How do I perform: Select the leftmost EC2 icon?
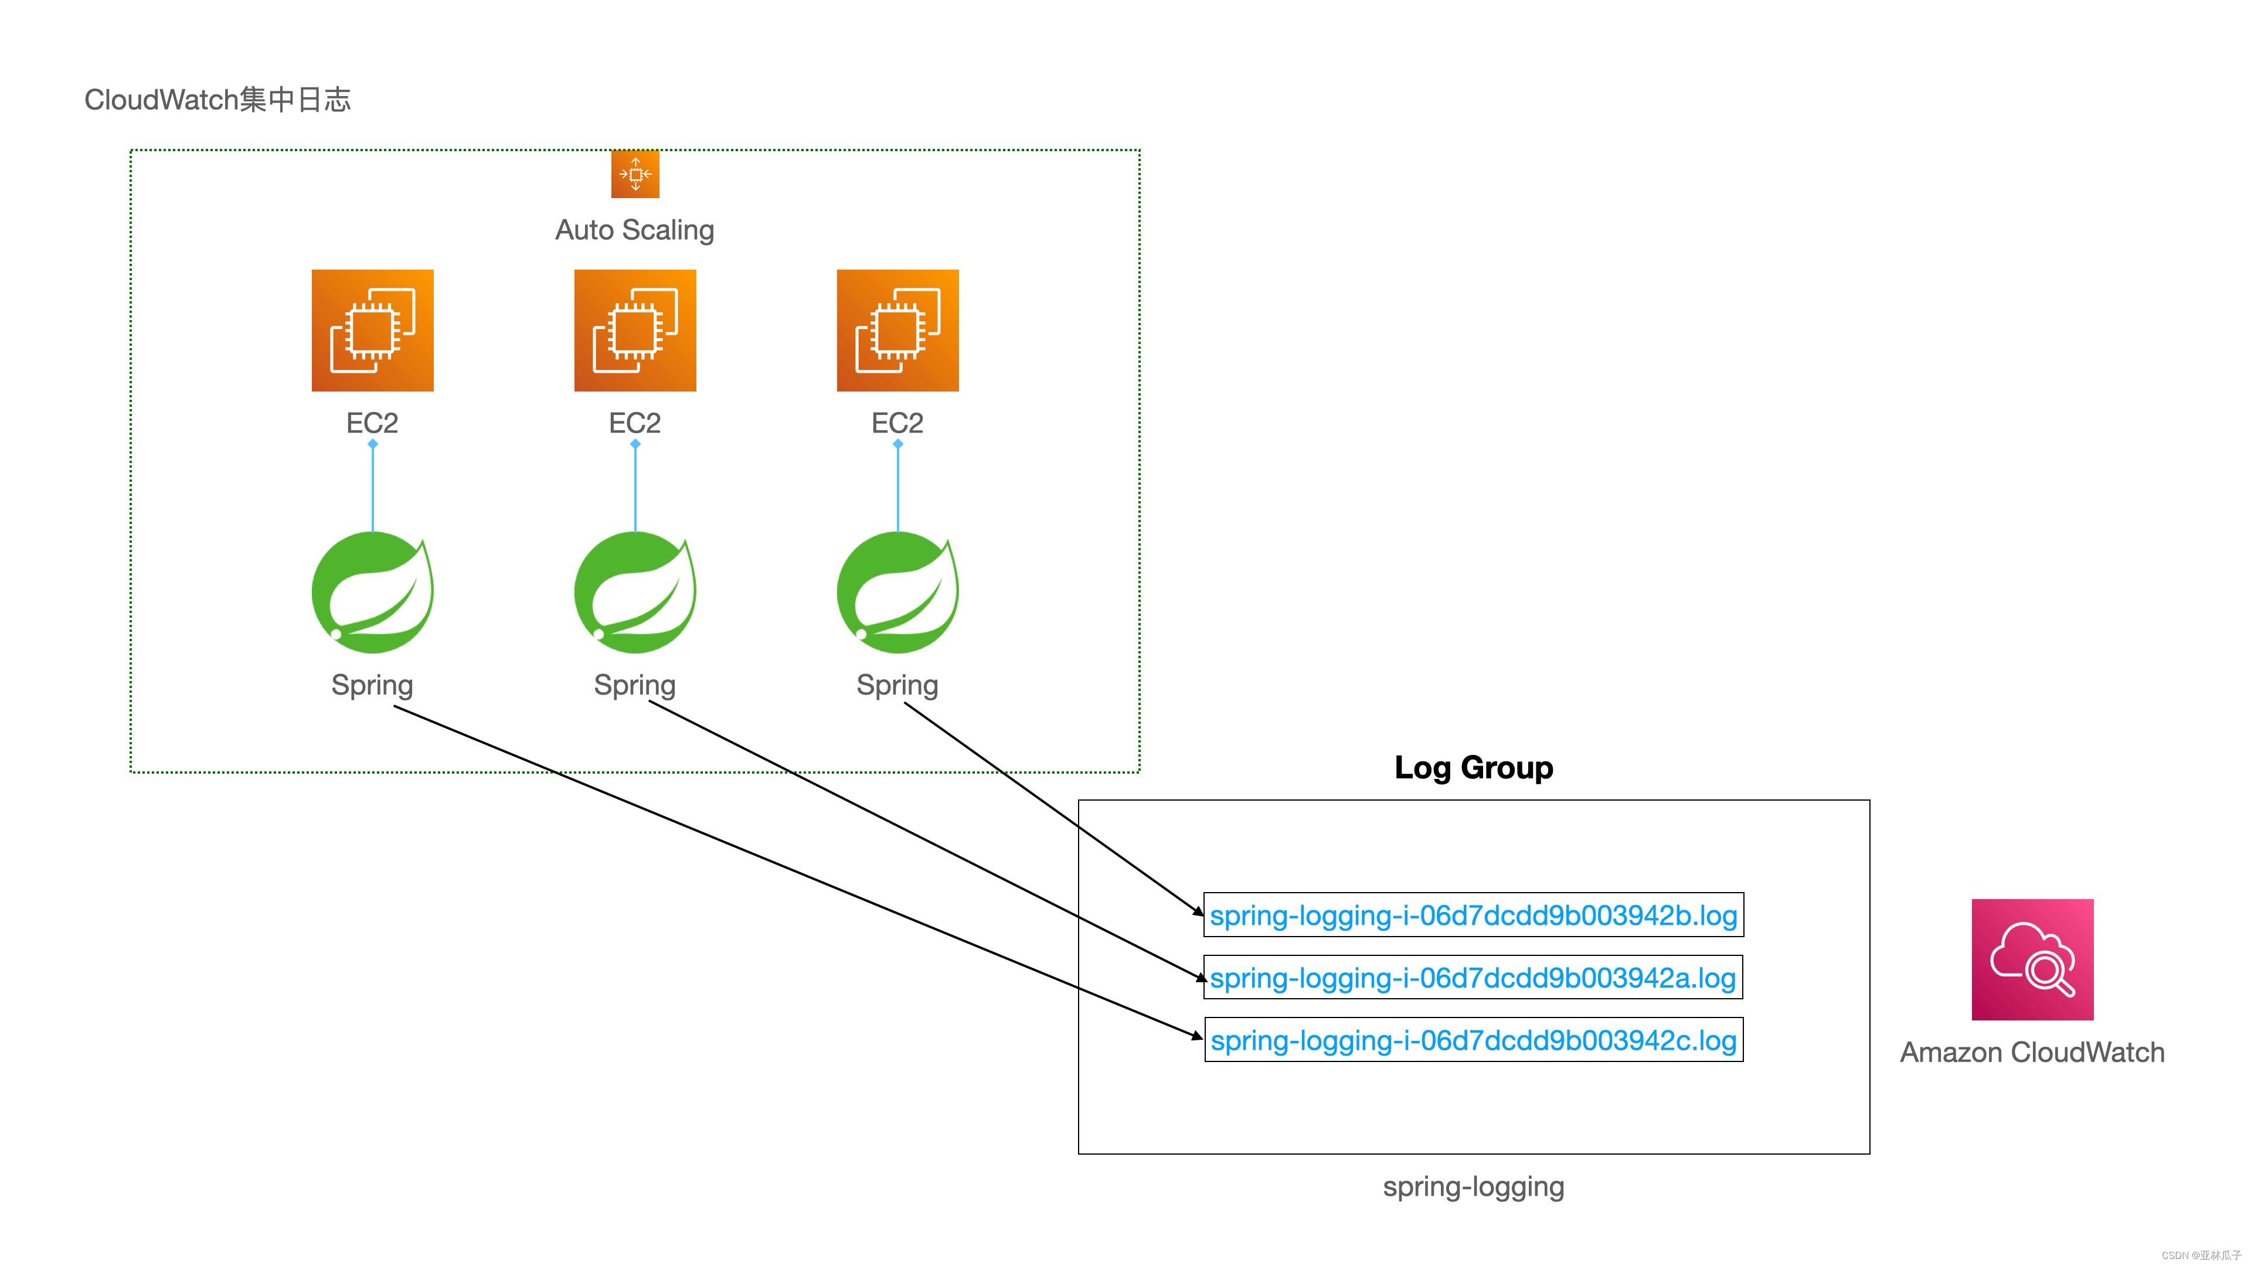(372, 330)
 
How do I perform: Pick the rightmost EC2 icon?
(897, 330)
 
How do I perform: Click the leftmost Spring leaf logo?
(372, 593)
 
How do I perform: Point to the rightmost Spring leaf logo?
(897, 593)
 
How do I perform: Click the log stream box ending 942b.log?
(1473, 915)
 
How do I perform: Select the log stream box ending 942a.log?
(1473, 978)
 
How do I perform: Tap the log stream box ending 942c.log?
(1473, 1040)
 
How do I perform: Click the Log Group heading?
(1473, 767)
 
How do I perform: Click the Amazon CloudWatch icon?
(2032, 959)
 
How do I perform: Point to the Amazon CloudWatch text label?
(2032, 1052)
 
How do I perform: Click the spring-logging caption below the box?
(1473, 1186)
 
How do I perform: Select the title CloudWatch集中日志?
(217, 100)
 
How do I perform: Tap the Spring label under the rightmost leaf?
(897, 685)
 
